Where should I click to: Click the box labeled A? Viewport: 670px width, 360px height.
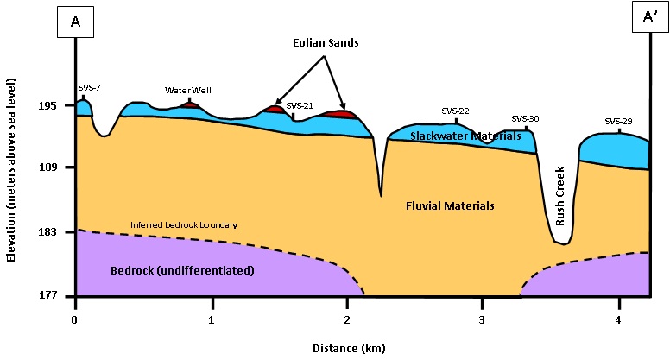tap(76, 23)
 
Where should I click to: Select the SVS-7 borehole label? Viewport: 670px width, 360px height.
tap(89, 87)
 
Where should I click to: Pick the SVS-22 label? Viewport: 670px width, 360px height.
tap(455, 111)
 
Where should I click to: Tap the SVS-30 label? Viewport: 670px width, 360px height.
tap(525, 118)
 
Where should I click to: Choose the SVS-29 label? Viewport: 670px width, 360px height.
tap(619, 122)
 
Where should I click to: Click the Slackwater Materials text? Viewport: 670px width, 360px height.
tap(465, 136)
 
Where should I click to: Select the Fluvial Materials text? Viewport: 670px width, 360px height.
tap(450, 205)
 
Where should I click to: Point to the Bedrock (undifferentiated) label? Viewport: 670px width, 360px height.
tap(182, 270)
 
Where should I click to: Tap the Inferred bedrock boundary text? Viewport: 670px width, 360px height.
tap(184, 224)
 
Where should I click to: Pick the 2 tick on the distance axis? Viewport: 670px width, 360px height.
tap(347, 318)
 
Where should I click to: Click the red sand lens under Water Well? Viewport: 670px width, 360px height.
tap(191, 104)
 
